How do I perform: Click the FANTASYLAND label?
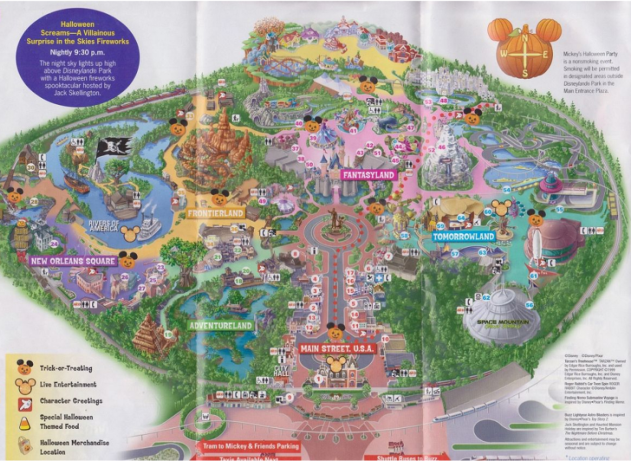[368, 175]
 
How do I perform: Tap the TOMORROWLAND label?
[464, 237]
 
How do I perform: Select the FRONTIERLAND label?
[215, 213]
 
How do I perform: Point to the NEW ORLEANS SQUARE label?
[73, 261]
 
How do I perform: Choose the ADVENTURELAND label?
[220, 325]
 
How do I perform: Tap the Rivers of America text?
[104, 226]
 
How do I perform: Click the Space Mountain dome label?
[503, 323]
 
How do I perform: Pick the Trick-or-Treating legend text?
[66, 368]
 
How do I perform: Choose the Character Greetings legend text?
[71, 401]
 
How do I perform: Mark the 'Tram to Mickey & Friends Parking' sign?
[251, 446]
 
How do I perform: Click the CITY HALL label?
[281, 370]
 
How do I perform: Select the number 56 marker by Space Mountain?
[529, 305]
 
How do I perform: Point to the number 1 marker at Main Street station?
[318, 377]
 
